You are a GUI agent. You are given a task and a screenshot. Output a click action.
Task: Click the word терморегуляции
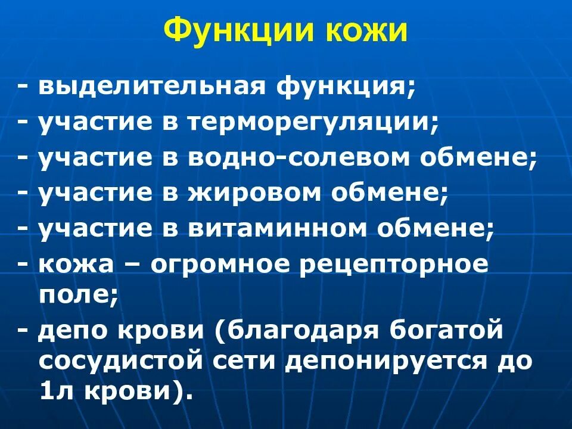tap(306, 122)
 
